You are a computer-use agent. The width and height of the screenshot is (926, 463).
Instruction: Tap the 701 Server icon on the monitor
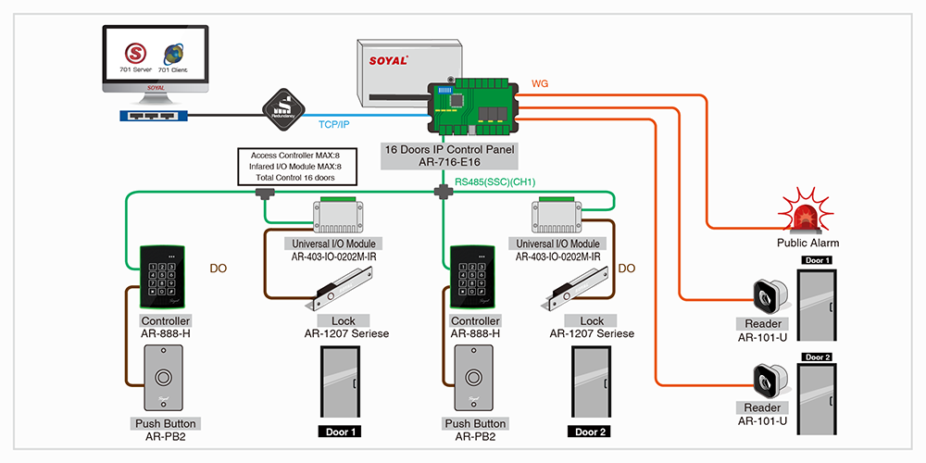[x=138, y=53]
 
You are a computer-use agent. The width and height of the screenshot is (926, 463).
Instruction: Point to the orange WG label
[x=539, y=83]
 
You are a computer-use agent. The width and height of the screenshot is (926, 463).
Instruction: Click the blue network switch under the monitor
[x=153, y=116]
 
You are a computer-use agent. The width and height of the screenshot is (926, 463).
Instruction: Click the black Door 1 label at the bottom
[x=343, y=432]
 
